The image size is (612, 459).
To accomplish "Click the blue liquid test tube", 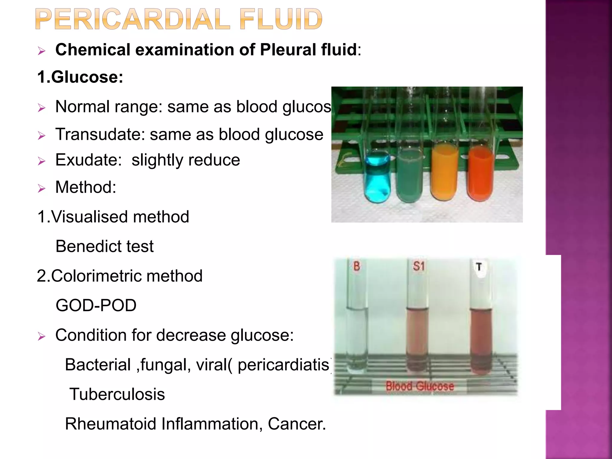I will [x=377, y=178].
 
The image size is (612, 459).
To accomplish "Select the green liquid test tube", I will [x=409, y=176].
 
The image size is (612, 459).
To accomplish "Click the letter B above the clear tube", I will [x=357, y=266].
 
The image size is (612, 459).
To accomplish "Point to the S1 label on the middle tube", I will [x=419, y=266].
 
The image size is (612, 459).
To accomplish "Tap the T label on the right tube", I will [x=479, y=267].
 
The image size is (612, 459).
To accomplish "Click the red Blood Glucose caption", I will [x=420, y=386].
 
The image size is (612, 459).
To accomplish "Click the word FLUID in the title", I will [x=281, y=19].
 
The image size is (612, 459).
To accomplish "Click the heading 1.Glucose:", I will [x=80, y=77].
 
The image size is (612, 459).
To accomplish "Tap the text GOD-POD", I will [x=96, y=305].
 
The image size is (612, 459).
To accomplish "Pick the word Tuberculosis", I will [x=117, y=394].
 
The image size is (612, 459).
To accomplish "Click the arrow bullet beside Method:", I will [x=42, y=188].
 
